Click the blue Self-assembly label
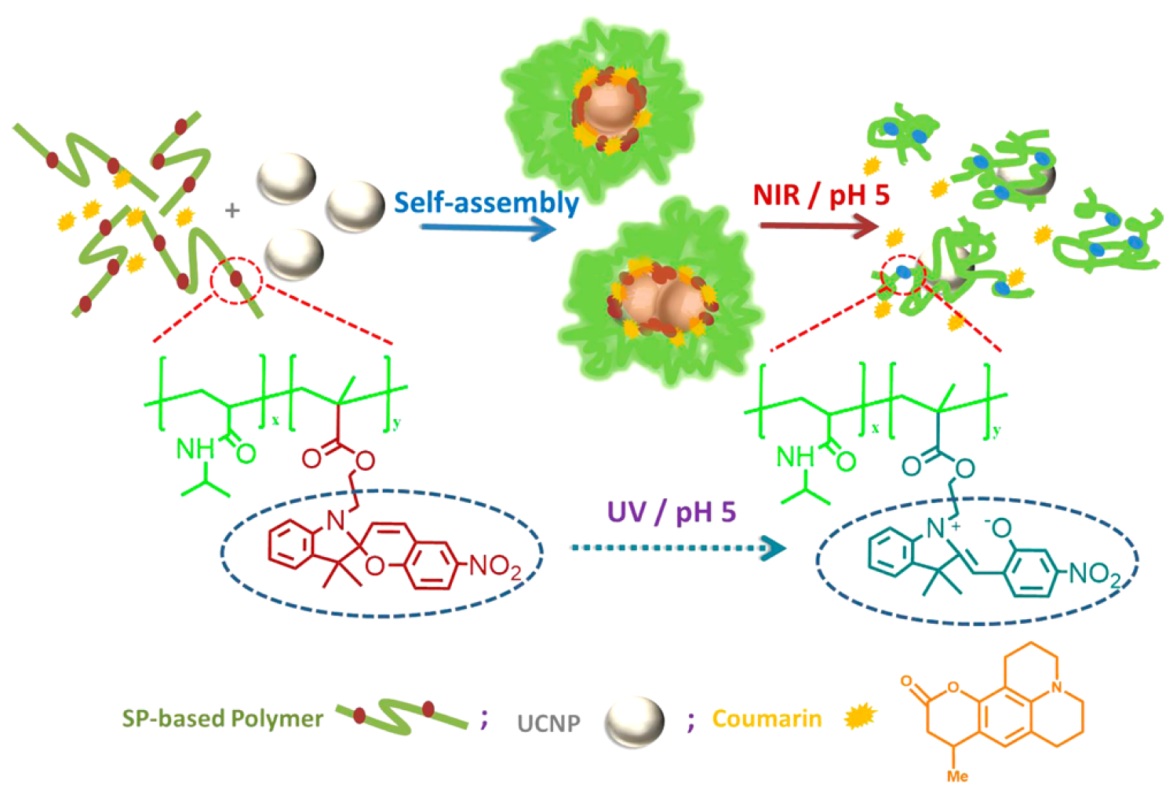click(x=486, y=202)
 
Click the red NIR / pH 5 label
click(x=821, y=195)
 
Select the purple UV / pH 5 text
click(x=672, y=512)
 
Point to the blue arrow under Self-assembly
click(x=486, y=229)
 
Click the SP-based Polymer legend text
click(x=222, y=718)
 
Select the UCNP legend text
click(x=548, y=723)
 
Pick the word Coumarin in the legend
click(x=767, y=719)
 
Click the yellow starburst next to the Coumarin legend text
click(x=859, y=716)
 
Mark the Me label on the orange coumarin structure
click(x=957, y=776)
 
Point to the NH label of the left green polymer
click(x=195, y=449)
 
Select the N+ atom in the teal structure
click(x=938, y=528)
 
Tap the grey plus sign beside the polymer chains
click(x=231, y=210)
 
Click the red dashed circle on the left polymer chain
click(x=236, y=279)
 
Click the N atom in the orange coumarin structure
click(x=1056, y=688)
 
